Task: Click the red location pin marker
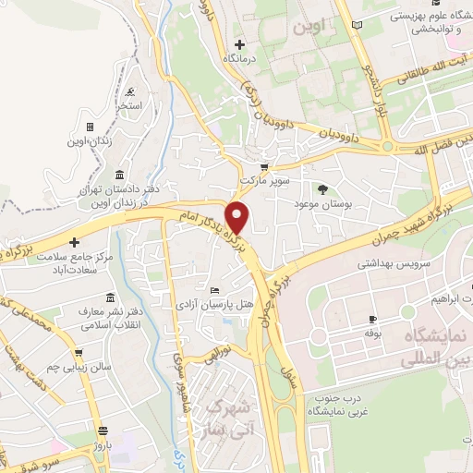click(x=238, y=216)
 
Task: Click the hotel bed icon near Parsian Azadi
click(x=215, y=290)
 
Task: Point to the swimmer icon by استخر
click(x=130, y=91)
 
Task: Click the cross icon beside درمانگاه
click(x=239, y=43)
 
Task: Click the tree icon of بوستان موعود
click(x=322, y=188)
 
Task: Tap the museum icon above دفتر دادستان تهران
click(x=120, y=176)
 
